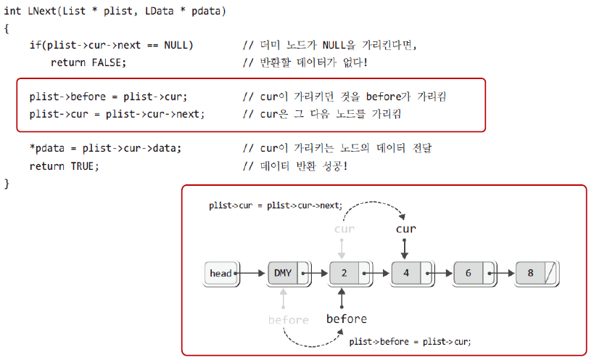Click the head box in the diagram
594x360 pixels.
tap(220, 274)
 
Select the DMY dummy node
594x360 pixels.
tap(284, 274)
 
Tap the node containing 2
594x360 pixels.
tap(345, 274)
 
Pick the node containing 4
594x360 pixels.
tap(407, 274)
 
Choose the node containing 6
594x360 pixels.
tap(469, 274)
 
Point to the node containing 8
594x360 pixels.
tap(531, 274)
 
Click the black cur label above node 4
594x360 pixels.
tap(406, 229)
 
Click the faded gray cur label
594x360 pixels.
tap(345, 229)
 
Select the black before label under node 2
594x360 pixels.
tap(346, 319)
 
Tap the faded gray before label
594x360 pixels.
tap(288, 319)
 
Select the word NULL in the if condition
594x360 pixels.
tap(178, 45)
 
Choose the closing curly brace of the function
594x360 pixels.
tap(7, 183)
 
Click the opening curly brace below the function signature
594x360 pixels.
tap(7, 28)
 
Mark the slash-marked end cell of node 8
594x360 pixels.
tap(552, 274)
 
